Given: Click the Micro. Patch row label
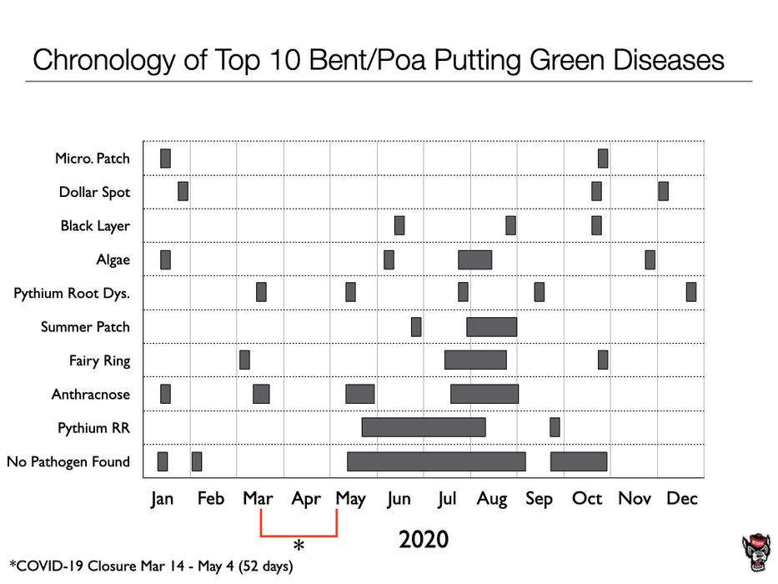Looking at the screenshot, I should (x=93, y=159).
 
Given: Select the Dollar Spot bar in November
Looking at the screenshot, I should (x=663, y=191).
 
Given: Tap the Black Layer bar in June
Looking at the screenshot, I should (x=399, y=225).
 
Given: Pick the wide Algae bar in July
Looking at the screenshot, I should (x=474, y=259).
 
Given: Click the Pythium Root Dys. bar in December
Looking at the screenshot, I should (x=691, y=292).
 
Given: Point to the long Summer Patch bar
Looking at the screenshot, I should (x=491, y=327).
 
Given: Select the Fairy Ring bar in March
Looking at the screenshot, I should (x=244, y=360).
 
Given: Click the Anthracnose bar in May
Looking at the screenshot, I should (x=359, y=394).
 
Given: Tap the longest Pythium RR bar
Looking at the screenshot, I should (x=424, y=427).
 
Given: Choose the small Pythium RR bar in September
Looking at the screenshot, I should (x=555, y=427).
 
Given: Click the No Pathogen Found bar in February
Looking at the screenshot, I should (x=197, y=461).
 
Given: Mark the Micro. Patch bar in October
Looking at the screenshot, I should (x=603, y=159).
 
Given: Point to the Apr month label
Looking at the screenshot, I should (x=306, y=499).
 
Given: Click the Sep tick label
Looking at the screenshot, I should (x=539, y=499).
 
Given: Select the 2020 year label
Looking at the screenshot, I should (x=424, y=540).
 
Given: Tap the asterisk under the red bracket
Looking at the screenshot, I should (x=299, y=546).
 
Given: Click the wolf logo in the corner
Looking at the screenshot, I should (x=756, y=552).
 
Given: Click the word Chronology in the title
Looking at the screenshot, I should (x=104, y=60).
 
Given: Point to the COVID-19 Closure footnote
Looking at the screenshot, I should (x=151, y=566).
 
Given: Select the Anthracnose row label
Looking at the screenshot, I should (x=91, y=395).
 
